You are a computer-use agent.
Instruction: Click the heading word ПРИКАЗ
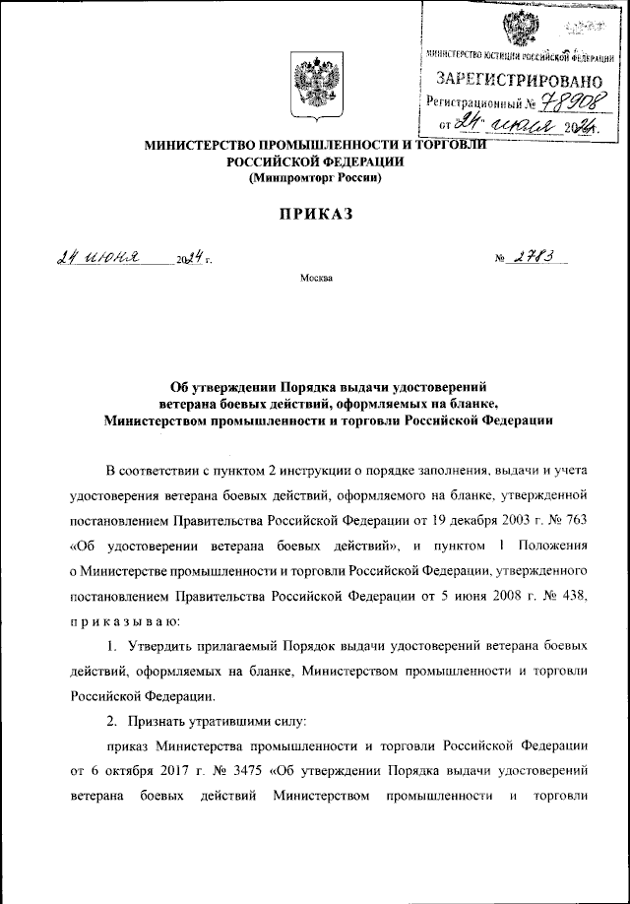pos(315,214)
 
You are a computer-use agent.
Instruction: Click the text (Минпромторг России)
pos(315,179)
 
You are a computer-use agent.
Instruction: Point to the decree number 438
pos(575,596)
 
